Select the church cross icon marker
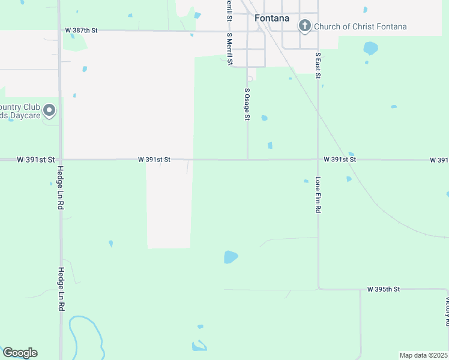click(305, 25)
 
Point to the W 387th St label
click(81, 30)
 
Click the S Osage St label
click(247, 104)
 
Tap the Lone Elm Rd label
click(318, 196)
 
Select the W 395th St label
click(384, 289)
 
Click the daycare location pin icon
click(50, 110)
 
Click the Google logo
click(20, 353)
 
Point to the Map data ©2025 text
click(423, 355)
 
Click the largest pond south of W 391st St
click(231, 257)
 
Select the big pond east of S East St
click(371, 48)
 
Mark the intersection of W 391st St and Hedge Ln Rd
click(59, 160)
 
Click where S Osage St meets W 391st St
click(248, 160)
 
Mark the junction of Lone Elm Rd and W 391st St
click(318, 160)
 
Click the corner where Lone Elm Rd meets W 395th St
click(319, 289)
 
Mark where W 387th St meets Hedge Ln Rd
click(59, 30)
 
